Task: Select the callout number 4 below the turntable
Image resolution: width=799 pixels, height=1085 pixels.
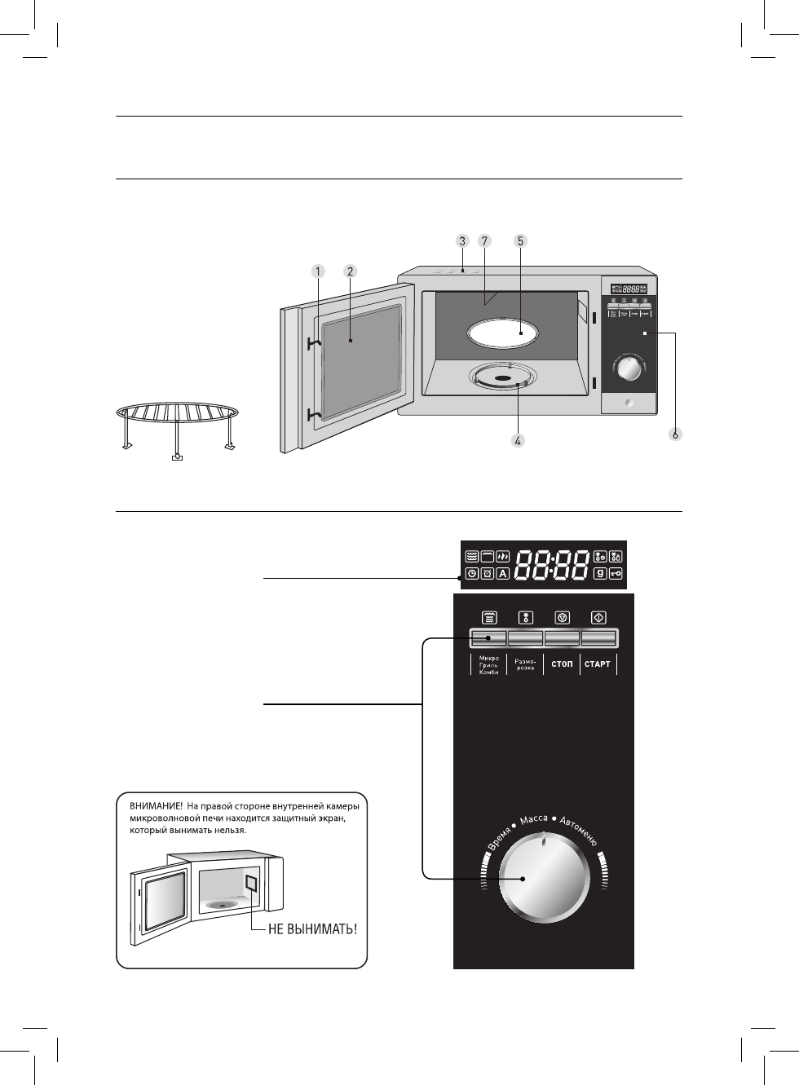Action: [x=517, y=440]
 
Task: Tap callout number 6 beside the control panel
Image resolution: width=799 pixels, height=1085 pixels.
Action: [x=675, y=434]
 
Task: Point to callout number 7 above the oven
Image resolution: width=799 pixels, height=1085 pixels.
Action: [x=484, y=241]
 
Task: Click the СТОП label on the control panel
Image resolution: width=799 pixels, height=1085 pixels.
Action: [x=562, y=664]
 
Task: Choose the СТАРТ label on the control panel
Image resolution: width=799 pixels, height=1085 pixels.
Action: [x=598, y=664]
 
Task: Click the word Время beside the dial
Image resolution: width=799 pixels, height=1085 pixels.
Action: [x=498, y=837]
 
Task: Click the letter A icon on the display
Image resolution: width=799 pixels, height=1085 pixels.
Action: [x=503, y=574]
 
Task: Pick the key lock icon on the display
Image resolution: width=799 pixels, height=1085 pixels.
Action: [x=616, y=574]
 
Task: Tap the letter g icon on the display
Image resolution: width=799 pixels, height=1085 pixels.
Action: [x=600, y=574]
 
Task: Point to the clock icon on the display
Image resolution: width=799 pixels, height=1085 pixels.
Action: [x=472, y=574]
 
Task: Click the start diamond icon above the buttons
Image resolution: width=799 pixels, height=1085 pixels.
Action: [x=598, y=617]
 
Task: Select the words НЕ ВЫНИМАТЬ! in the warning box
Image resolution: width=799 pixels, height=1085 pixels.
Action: [x=313, y=929]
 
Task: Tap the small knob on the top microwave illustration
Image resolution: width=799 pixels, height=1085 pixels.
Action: [x=629, y=371]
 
